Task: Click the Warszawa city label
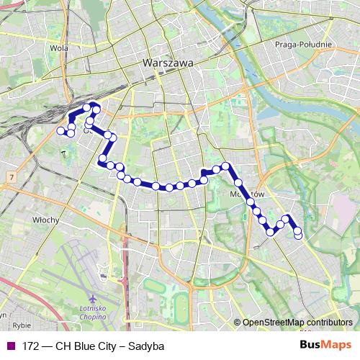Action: point(168,63)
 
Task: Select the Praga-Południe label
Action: point(303,44)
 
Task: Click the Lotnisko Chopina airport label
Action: point(93,314)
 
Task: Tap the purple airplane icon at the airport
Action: point(93,298)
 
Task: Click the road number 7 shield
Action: point(12,176)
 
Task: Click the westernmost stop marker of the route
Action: point(60,131)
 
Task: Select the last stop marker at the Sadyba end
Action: point(298,236)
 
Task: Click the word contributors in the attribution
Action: point(330,323)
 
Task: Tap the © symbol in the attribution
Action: point(238,323)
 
